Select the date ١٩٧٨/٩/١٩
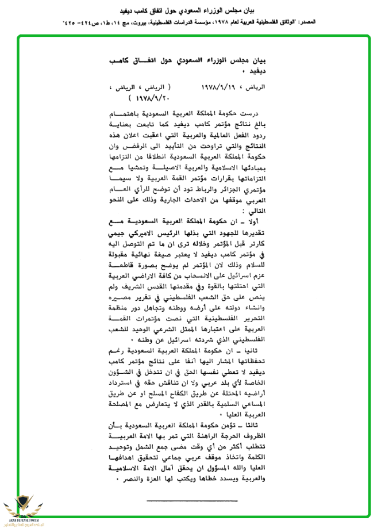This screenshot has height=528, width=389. point(217,90)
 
